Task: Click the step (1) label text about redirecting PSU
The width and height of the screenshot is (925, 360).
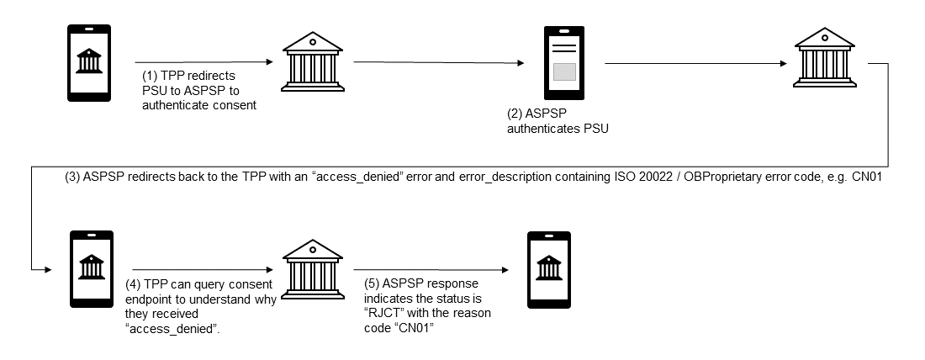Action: (x=198, y=90)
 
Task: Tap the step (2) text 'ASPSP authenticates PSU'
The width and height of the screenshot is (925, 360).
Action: (x=556, y=122)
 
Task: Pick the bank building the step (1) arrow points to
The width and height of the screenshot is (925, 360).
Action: (x=312, y=61)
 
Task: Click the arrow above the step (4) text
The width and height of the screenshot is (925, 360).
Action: (x=201, y=271)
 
